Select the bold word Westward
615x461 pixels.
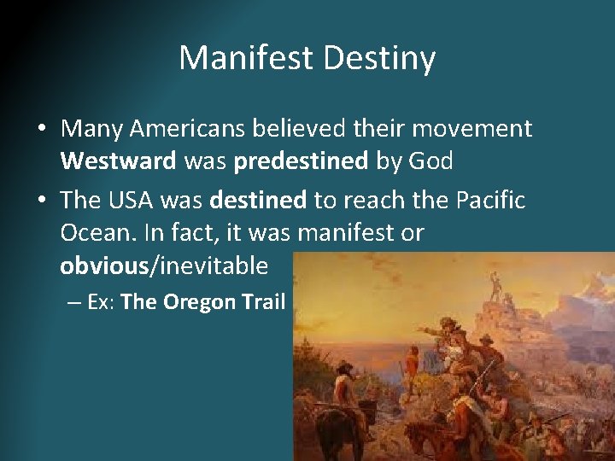click(x=120, y=161)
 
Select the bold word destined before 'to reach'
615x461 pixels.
click(x=257, y=200)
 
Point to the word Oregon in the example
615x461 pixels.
click(x=197, y=302)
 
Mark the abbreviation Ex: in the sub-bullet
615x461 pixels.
click(x=102, y=302)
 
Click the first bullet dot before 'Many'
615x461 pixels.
click(x=42, y=130)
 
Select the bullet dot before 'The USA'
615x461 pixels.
click(x=42, y=201)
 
